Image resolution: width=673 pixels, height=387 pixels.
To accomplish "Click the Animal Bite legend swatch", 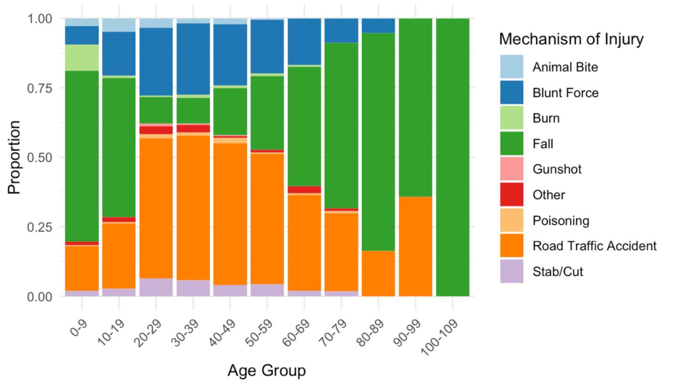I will [x=511, y=67].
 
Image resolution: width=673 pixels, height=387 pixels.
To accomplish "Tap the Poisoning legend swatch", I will [x=511, y=221].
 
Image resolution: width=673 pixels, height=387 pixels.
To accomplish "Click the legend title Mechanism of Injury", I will [x=570, y=40].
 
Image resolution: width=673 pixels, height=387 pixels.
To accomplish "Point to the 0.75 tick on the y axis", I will [x=41, y=88].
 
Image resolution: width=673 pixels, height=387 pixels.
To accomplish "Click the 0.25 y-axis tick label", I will [x=41, y=227].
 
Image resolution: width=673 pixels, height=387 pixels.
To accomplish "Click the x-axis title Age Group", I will [x=266, y=371].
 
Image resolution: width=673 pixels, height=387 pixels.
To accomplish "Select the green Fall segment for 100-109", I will [x=453, y=157].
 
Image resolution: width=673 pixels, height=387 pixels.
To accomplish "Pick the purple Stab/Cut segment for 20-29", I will [x=156, y=287].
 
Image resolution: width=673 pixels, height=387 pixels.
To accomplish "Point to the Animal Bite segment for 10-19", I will [x=119, y=25].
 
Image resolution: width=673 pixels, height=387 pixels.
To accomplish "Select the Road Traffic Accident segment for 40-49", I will [x=230, y=214].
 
